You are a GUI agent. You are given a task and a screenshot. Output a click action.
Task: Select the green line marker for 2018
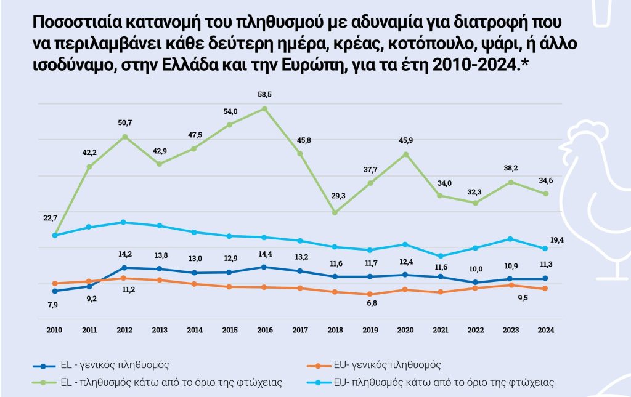pos(335,212)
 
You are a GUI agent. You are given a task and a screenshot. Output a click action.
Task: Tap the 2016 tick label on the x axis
pos(265,330)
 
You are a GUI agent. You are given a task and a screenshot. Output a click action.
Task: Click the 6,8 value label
pos(370,303)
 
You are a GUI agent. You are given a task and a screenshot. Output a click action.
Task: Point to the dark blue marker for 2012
pos(124,268)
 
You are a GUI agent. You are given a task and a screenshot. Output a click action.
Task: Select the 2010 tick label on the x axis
pos(55,330)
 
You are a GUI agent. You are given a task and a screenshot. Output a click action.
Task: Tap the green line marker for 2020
pos(405,154)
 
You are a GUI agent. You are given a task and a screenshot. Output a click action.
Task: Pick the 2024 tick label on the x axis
pos(545,330)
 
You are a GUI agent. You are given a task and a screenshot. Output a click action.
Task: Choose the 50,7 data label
pos(124,123)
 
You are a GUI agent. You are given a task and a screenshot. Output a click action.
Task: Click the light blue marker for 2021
pos(440,256)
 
